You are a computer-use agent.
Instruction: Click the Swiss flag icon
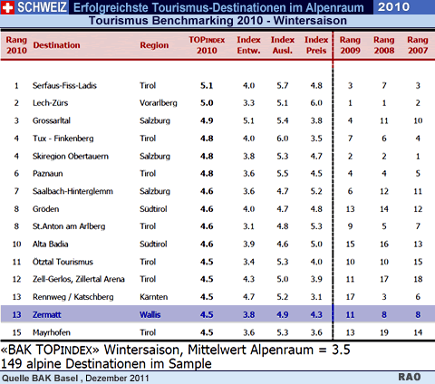point(7,7)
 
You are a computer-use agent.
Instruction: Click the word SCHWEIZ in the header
point(42,7)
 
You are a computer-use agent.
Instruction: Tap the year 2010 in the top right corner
point(393,6)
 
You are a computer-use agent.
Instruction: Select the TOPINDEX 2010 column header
point(207,45)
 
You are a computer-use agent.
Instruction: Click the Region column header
point(154,45)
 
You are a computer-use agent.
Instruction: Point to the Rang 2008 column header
point(384,45)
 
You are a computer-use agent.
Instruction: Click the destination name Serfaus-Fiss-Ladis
point(64,86)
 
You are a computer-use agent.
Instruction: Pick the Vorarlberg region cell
point(159,103)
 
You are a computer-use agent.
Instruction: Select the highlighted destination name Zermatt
point(47,315)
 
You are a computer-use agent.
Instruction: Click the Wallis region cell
point(150,315)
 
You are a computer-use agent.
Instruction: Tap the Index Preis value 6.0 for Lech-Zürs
point(316,103)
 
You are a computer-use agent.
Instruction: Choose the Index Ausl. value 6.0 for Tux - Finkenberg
point(283,139)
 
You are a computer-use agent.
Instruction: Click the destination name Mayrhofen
point(52,332)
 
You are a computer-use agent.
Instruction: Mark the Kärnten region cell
point(153,297)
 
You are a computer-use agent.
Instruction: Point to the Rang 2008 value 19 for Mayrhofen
point(384,332)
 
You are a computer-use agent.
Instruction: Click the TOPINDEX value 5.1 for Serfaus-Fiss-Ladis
point(207,86)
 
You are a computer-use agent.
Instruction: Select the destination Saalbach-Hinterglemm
point(72,191)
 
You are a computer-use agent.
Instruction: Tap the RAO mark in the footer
point(410,377)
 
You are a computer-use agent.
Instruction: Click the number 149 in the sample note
point(12,363)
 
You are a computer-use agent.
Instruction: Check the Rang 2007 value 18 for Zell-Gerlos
point(418,279)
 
